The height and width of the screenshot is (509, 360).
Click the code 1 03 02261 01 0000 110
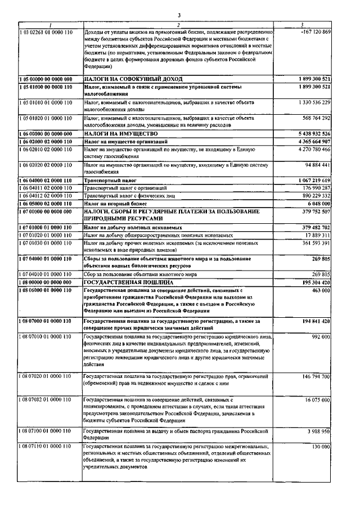45,31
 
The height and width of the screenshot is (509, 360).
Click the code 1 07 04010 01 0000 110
45,273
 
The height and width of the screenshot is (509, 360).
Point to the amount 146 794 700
313,376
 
